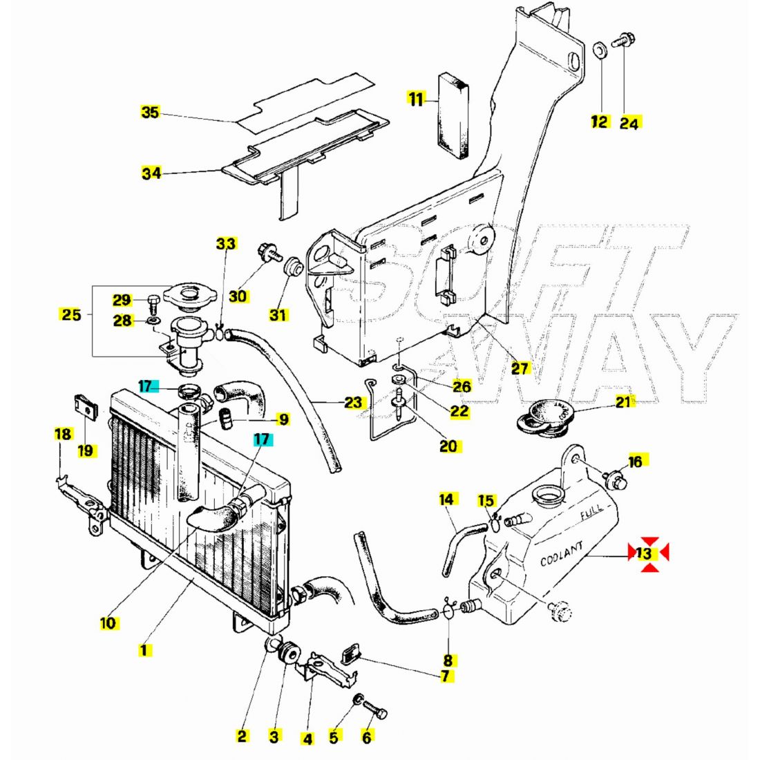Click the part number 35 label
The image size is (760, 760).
tap(150, 113)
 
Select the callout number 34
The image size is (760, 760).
tap(151, 173)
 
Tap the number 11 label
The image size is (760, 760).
tap(415, 100)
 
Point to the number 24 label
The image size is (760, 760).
tap(629, 123)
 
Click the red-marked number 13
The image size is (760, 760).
tap(644, 553)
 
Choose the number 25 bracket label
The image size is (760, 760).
tap(71, 315)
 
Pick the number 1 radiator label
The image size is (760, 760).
tap(144, 649)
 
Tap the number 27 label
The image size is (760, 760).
tap(520, 368)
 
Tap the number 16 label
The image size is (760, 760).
tap(634, 461)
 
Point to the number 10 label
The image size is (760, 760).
tap(108, 623)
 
